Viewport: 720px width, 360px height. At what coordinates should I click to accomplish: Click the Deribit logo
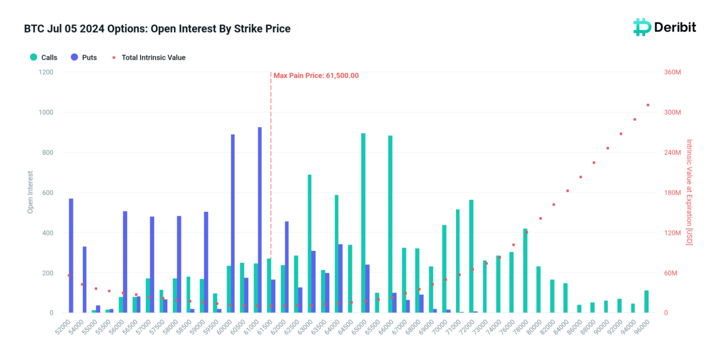[x=664, y=27]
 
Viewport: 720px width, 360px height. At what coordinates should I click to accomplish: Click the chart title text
[x=157, y=29]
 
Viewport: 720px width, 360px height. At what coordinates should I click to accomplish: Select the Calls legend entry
[x=44, y=58]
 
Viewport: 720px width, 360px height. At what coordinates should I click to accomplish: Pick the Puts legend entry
[x=84, y=58]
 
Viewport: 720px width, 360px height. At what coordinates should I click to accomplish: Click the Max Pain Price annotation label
[x=316, y=75]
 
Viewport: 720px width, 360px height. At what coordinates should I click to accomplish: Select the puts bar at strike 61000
[x=259, y=220]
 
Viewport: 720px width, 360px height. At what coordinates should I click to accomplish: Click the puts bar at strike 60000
[x=233, y=224]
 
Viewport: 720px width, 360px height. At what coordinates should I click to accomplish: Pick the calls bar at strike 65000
[x=363, y=223]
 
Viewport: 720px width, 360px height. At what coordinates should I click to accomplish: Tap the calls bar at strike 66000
[x=390, y=224]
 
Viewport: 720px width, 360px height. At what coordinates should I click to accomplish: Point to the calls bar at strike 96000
[x=646, y=302]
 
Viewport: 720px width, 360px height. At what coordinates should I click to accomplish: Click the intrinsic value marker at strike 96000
[x=648, y=105]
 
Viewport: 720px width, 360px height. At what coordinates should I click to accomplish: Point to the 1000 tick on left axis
[x=45, y=112]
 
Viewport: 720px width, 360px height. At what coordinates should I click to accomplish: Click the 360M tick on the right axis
[x=672, y=72]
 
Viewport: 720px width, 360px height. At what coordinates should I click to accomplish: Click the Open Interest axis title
[x=30, y=192]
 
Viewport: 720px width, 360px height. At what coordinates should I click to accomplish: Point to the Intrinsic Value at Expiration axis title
[x=689, y=192]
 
